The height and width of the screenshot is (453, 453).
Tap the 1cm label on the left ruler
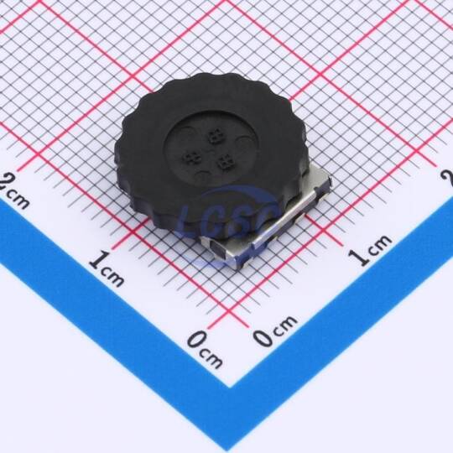[x=107, y=268]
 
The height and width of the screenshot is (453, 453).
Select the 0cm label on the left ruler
[x=206, y=350]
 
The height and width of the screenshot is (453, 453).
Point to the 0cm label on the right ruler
[x=275, y=331]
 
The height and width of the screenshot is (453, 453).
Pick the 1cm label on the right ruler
[x=370, y=250]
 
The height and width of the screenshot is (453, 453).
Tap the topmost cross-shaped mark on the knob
[x=215, y=136]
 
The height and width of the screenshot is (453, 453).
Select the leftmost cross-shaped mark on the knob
[x=191, y=158]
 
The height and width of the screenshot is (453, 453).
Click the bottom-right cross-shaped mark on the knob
[x=225, y=162]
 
